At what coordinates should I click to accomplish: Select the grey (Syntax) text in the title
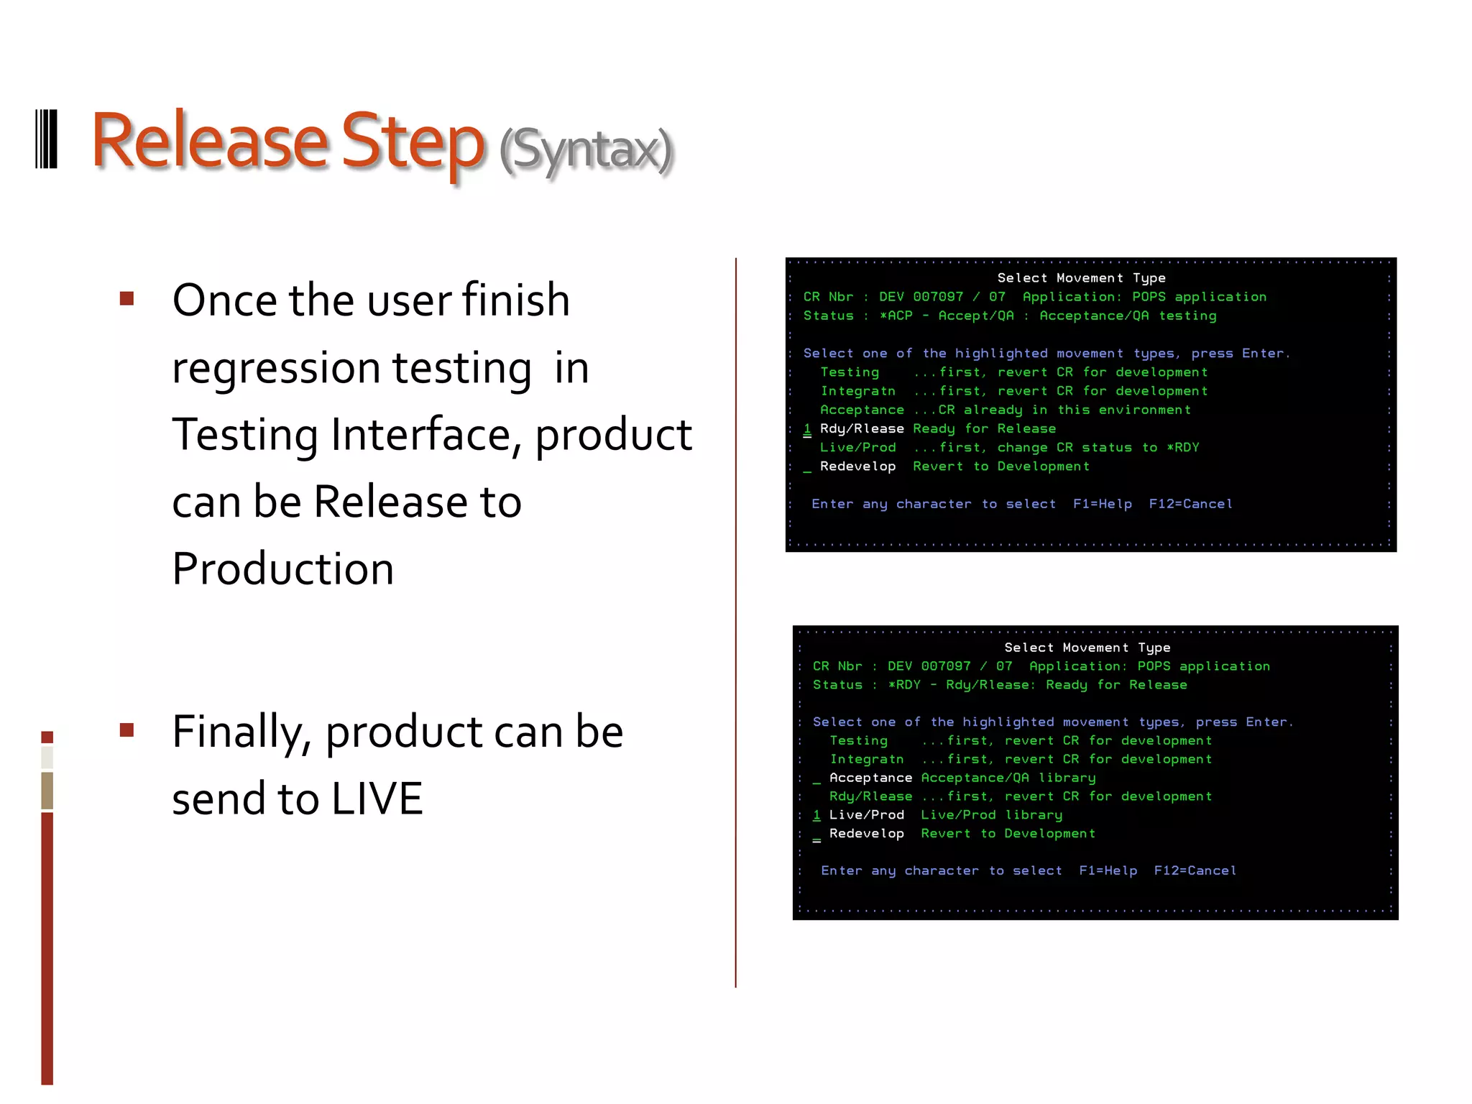pyautogui.click(x=586, y=150)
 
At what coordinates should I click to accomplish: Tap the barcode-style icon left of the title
pyautogui.click(x=47, y=139)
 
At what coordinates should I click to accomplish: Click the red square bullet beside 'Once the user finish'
pyautogui.click(x=127, y=298)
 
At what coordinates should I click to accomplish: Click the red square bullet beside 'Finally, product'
pyautogui.click(x=127, y=730)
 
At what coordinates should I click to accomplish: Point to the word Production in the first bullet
pyautogui.click(x=283, y=569)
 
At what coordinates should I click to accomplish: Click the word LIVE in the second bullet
pyautogui.click(x=377, y=799)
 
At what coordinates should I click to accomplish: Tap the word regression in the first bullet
pyautogui.click(x=276, y=368)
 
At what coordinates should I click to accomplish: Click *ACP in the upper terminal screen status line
pyautogui.click(x=896, y=316)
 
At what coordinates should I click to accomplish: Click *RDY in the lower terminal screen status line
pyautogui.click(x=904, y=685)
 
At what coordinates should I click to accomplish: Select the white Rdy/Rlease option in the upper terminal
pyautogui.click(x=861, y=428)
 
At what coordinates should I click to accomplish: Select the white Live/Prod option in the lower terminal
pyautogui.click(x=866, y=815)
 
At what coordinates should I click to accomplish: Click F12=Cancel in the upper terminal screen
pyautogui.click(x=1190, y=504)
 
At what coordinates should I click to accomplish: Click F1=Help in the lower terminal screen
pyautogui.click(x=1108, y=870)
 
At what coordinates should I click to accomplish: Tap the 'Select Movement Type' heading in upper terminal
pyautogui.click(x=1081, y=278)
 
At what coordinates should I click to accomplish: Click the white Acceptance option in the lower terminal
pyautogui.click(x=870, y=778)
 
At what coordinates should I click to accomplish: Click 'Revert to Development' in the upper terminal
pyautogui.click(x=1000, y=466)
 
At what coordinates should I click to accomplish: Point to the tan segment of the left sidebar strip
pyautogui.click(x=47, y=790)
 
